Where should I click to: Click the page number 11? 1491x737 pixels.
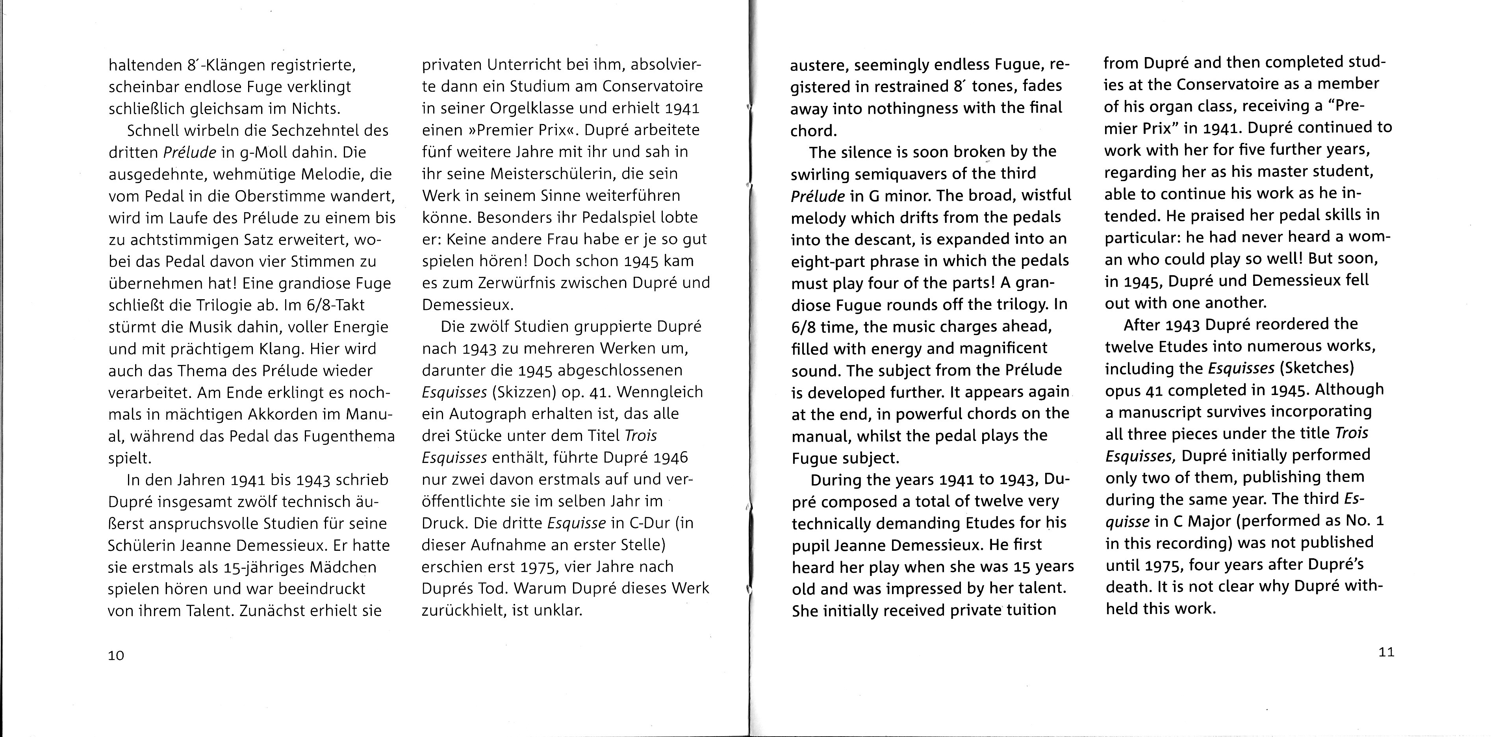(x=1386, y=652)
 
